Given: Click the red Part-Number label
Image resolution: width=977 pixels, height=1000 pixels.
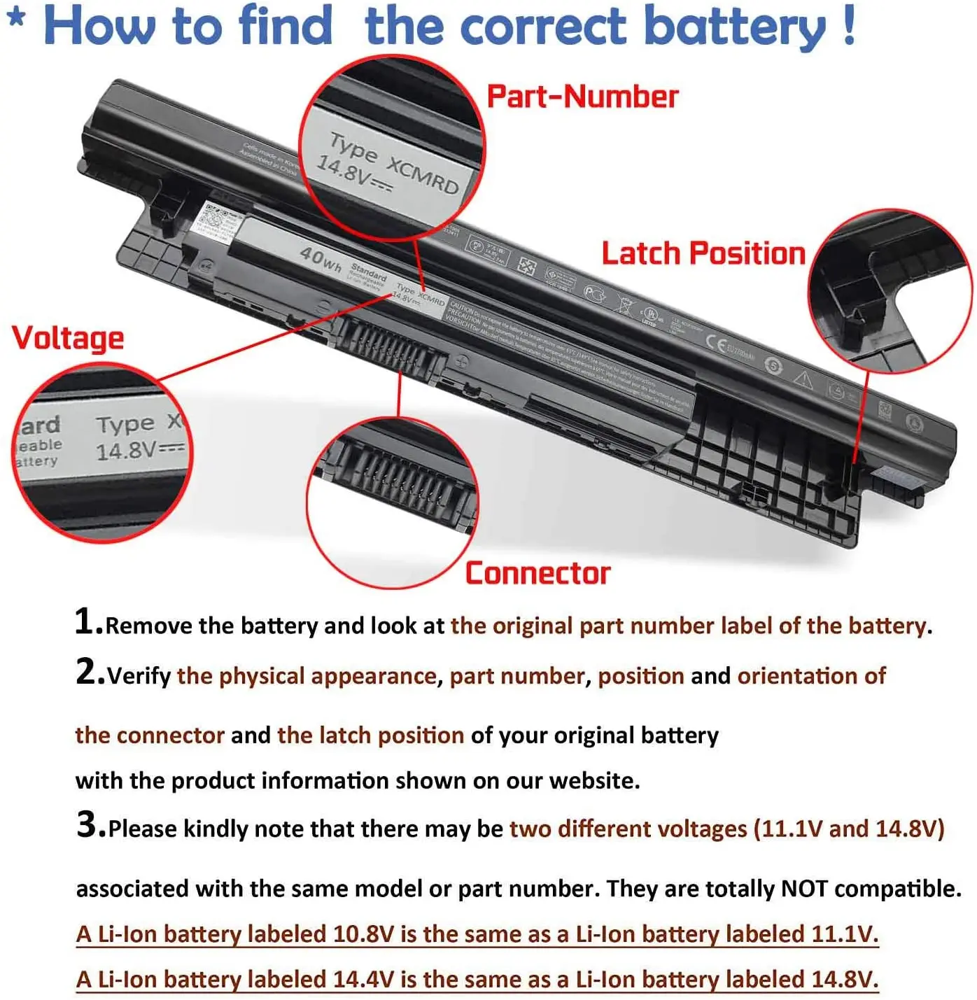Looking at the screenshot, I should (x=582, y=97).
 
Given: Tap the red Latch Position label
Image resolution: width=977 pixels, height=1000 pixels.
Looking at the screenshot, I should (x=703, y=253).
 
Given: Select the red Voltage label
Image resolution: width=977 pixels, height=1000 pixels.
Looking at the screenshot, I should (x=68, y=338).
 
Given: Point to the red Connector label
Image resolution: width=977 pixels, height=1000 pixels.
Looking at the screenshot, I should (x=537, y=573).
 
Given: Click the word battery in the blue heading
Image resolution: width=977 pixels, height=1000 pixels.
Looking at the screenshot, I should (x=735, y=27).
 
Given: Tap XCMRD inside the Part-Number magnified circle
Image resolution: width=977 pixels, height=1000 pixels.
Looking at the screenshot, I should (x=423, y=175).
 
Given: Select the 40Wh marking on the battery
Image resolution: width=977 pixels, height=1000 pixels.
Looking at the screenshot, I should (x=321, y=258).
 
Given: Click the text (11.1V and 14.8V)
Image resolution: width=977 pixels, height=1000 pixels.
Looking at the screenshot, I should (x=849, y=829).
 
